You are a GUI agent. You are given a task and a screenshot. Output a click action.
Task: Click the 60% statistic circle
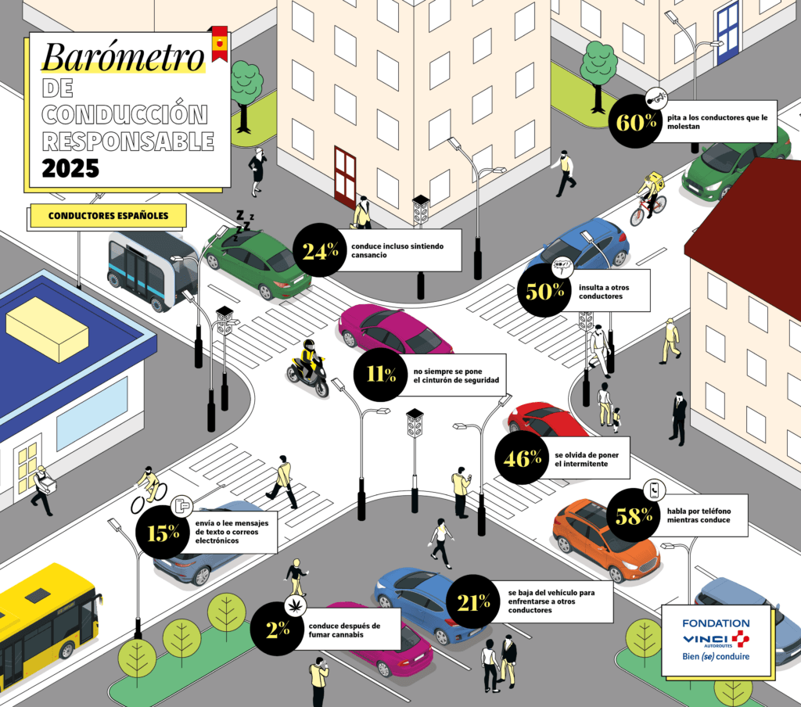[x=635, y=121]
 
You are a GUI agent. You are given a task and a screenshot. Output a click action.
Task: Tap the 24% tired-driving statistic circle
[x=320, y=250]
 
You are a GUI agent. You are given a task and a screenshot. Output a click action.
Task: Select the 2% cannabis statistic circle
[x=278, y=629]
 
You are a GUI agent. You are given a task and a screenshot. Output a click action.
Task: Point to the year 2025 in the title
[x=70, y=169]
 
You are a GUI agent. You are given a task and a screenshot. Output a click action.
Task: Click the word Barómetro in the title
[x=123, y=56]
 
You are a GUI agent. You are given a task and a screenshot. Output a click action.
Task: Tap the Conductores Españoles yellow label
[x=108, y=216]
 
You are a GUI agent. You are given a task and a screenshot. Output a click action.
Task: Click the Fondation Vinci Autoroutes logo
[x=716, y=640]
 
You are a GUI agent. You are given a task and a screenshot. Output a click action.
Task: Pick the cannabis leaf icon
[x=295, y=606]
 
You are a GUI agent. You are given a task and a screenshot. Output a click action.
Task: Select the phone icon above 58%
[x=655, y=490]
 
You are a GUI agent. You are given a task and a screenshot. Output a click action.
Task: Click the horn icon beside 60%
[x=656, y=98]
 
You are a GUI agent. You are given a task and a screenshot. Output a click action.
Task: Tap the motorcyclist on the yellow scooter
[x=307, y=368]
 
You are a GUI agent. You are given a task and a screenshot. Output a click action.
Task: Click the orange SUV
[x=606, y=540]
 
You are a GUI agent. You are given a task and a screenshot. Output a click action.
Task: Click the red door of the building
[x=345, y=176]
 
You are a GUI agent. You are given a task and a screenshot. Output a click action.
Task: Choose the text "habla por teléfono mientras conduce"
[x=699, y=515]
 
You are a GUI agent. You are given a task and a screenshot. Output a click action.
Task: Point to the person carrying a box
[x=43, y=490]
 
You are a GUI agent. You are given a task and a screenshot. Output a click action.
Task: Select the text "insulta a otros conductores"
[x=603, y=292]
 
